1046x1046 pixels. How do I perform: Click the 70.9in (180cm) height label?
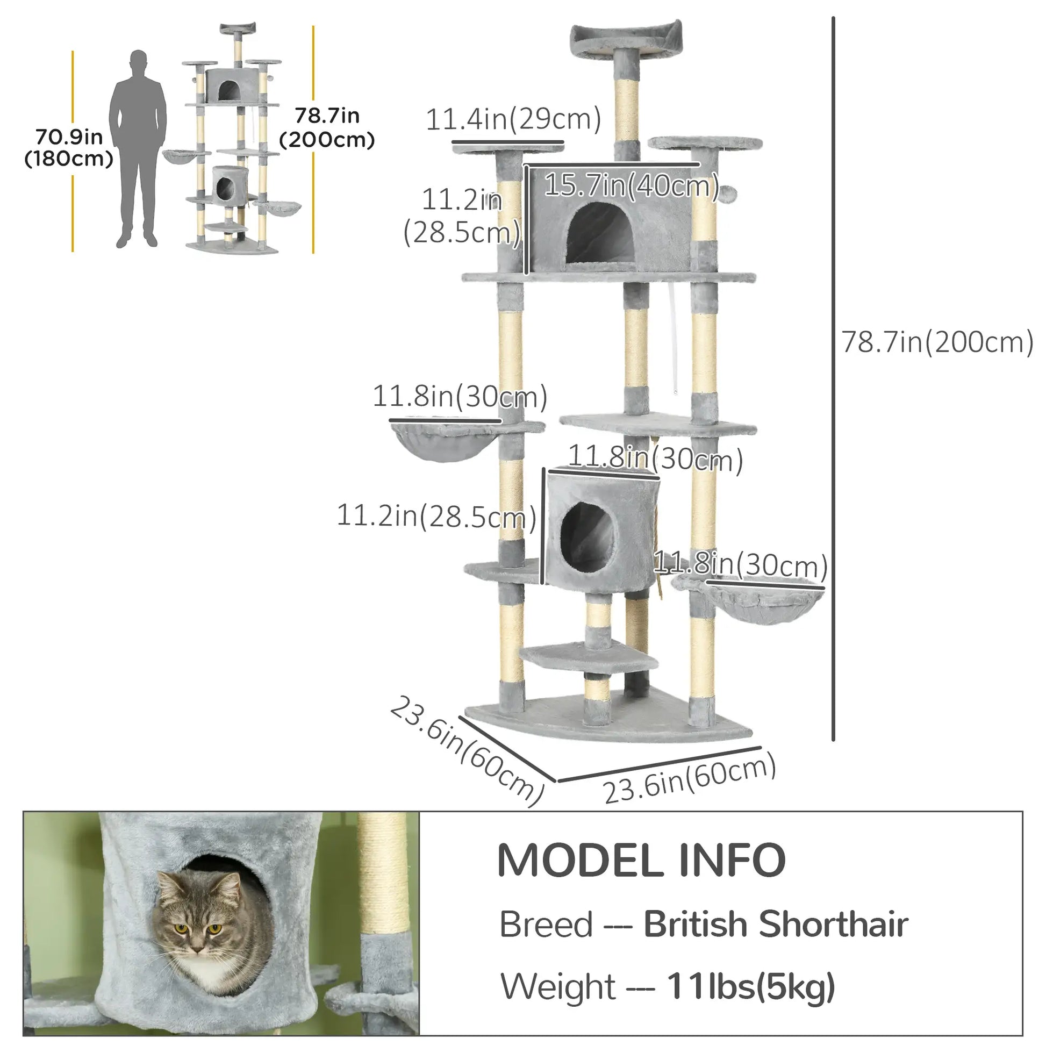pos(69,148)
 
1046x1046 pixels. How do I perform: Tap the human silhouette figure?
pos(138,149)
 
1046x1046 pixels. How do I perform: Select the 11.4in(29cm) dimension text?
pos(513,119)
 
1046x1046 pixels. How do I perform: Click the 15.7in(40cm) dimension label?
pos(631,185)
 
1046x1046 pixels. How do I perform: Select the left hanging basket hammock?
pos(444,441)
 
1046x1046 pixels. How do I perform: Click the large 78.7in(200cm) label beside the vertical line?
pos(937,342)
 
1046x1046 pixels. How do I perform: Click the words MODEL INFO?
pos(641,861)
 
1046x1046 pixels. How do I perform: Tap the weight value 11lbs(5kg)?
pos(750,986)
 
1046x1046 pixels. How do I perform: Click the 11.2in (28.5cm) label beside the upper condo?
pos(462,217)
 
